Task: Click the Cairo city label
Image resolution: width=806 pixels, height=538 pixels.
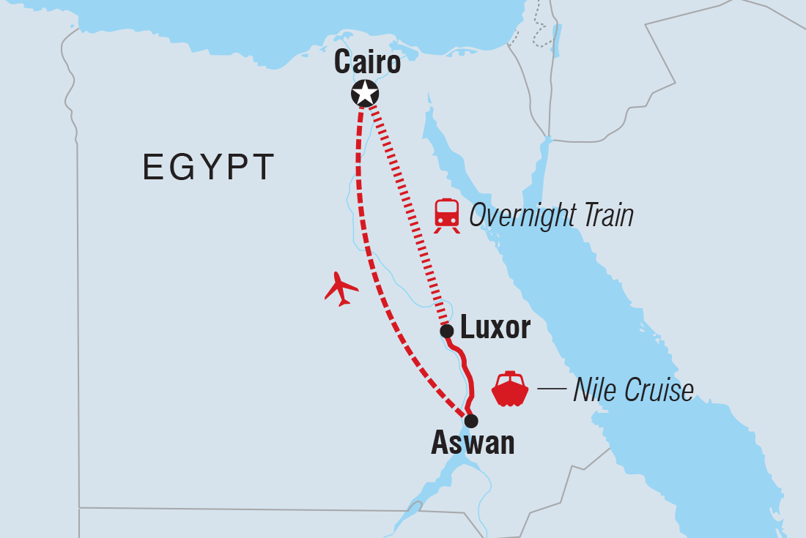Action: pos(367,63)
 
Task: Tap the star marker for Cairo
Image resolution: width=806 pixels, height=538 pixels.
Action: pos(365,93)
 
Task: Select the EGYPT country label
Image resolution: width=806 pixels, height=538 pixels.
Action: pos(209,168)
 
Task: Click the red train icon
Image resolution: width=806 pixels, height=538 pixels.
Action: pos(446,215)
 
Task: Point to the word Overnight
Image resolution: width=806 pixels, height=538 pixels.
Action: pos(520,216)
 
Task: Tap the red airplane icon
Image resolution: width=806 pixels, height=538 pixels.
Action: pos(341,288)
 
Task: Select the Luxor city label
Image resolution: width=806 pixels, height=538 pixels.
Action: pos(495,328)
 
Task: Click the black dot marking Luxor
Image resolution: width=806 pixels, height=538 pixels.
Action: pos(446,332)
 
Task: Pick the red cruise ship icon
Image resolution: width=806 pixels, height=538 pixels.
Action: pos(510,389)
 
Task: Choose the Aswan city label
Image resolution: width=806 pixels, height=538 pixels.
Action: pos(473,442)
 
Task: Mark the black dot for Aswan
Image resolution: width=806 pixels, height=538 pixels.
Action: pos(471,421)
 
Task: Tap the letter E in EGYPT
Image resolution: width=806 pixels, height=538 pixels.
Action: pos(152,168)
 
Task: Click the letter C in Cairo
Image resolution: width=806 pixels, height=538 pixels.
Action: pos(344,63)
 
